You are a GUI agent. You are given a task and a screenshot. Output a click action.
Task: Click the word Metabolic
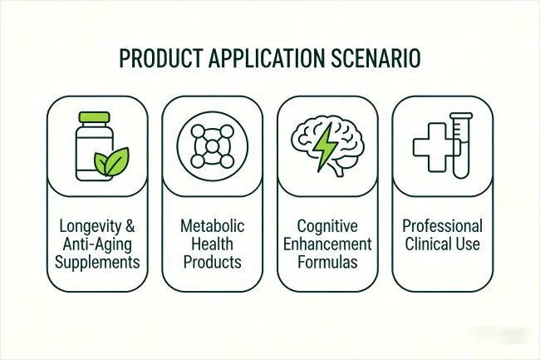click(212, 225)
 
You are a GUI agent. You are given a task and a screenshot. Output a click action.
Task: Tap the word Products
click(212, 262)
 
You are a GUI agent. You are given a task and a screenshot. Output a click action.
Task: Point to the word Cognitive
click(327, 225)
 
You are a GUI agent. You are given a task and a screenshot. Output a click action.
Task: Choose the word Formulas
click(327, 262)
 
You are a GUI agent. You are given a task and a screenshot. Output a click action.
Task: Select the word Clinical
click(429, 244)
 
